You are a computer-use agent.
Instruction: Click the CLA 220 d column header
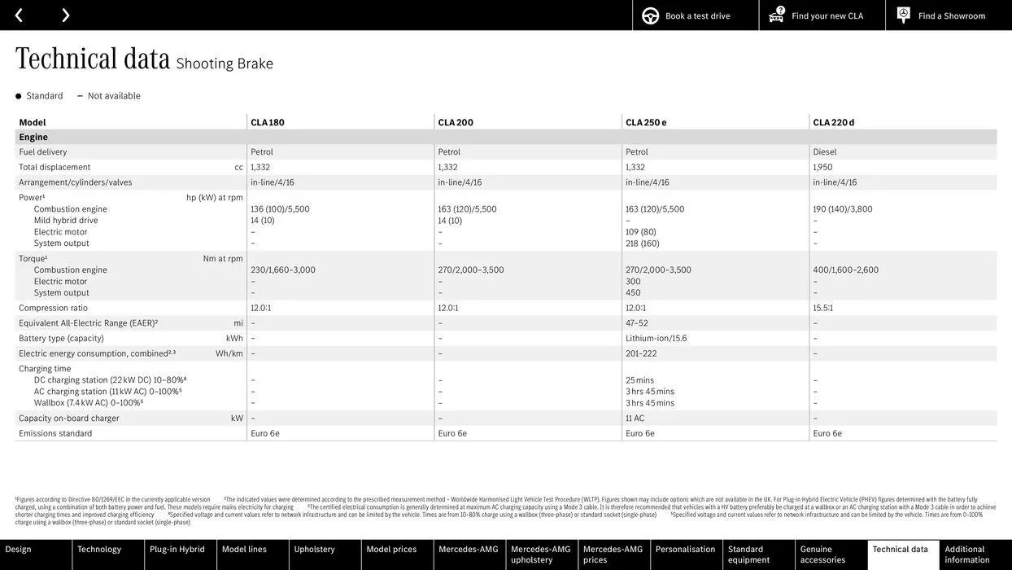coord(834,123)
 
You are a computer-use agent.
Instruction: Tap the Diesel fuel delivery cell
coord(825,152)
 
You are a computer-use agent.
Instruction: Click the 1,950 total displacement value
coord(822,168)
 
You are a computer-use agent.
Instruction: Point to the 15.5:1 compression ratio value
coord(823,309)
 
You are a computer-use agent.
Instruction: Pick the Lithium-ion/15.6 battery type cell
coord(656,339)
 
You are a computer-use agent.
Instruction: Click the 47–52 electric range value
coord(637,323)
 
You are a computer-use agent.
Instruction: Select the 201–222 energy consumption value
coord(641,354)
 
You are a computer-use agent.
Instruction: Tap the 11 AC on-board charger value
coord(635,419)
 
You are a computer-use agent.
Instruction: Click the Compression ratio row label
coord(53,309)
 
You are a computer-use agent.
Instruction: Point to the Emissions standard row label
coord(55,434)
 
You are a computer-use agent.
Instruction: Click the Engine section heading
coord(33,138)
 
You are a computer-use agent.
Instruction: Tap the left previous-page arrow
coord(19,15)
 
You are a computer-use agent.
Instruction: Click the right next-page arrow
coord(65,15)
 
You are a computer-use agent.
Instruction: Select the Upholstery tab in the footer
coord(315,550)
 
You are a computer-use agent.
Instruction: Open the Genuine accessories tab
coord(822,555)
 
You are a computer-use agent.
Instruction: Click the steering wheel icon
coord(651,16)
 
